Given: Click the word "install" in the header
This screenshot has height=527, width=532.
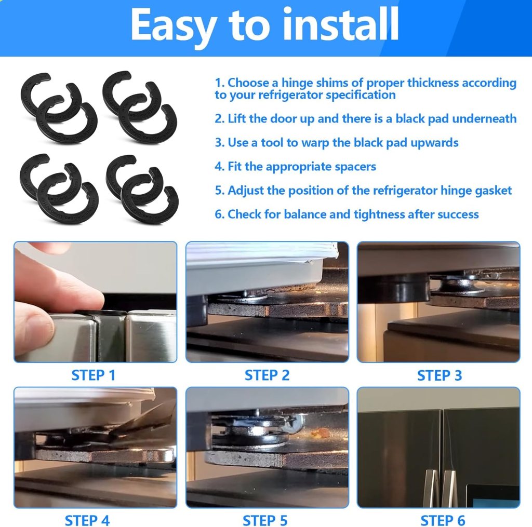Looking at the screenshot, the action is click(x=340, y=24).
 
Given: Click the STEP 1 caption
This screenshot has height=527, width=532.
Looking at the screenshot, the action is click(x=94, y=375).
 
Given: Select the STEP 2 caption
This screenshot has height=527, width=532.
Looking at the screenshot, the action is click(x=267, y=375).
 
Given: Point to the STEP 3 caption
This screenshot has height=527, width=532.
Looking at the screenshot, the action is click(x=440, y=375).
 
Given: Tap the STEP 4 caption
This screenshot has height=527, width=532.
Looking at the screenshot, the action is click(x=87, y=521).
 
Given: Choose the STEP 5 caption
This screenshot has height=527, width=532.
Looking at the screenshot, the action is click(x=265, y=521).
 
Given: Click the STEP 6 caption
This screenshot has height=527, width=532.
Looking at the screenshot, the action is click(x=443, y=521).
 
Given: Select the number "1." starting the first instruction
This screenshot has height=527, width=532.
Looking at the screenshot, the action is click(x=220, y=83).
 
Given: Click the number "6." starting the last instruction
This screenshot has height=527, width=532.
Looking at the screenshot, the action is click(x=220, y=214).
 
